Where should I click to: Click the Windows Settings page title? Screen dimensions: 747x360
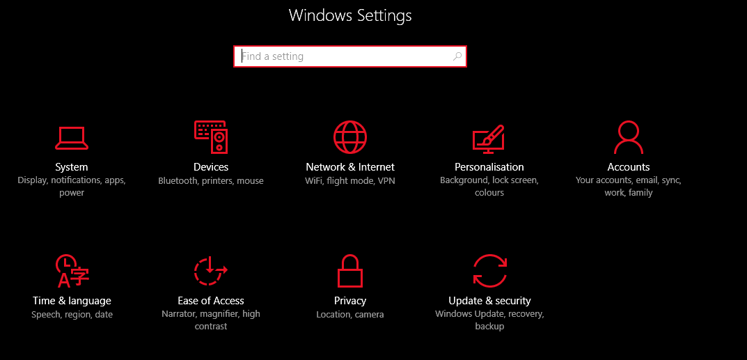[x=350, y=16]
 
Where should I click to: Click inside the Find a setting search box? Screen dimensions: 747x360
[x=349, y=56]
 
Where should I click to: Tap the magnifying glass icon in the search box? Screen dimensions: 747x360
[x=457, y=56]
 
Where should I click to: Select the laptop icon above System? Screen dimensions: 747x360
[x=72, y=138]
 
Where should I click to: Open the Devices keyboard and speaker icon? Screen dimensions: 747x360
[x=210, y=137]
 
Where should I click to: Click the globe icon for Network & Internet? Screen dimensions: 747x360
[x=350, y=137]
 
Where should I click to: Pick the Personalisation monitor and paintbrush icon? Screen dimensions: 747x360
[x=489, y=139]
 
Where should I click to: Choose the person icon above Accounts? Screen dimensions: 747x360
[x=629, y=137]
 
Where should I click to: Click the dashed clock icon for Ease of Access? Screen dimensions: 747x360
[x=210, y=270]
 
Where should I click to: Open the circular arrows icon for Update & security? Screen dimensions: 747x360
[x=489, y=270]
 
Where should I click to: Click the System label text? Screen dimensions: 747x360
[x=72, y=167]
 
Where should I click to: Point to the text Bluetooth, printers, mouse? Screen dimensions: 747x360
[x=210, y=181]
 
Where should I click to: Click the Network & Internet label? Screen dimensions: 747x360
[x=350, y=167]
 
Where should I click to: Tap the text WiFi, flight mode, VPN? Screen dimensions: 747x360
[x=350, y=181]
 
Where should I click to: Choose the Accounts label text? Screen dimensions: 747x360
[x=629, y=167]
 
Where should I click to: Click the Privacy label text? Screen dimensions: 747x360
[x=350, y=301]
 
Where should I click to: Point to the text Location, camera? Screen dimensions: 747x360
[x=350, y=315]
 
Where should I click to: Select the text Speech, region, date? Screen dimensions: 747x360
[x=72, y=315]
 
